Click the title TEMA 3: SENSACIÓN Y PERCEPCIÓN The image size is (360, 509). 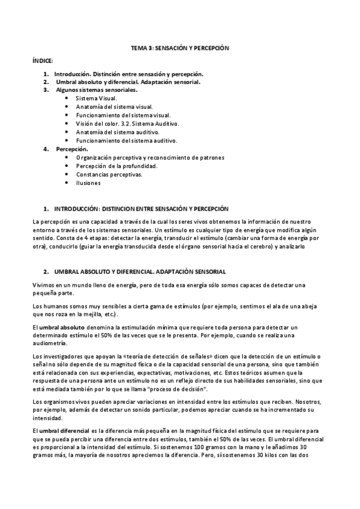coord(179,47)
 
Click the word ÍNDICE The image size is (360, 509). coord(43,61)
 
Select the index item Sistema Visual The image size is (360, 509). coord(97,98)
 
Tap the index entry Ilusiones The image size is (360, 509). coord(88,183)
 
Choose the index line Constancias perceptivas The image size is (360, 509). coord(109,175)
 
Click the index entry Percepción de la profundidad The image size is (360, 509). coord(116,166)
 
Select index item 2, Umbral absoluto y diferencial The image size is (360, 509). coord(128,82)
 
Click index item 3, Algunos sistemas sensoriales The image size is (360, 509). coord(97,90)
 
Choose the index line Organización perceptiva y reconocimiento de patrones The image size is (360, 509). coord(150,157)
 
